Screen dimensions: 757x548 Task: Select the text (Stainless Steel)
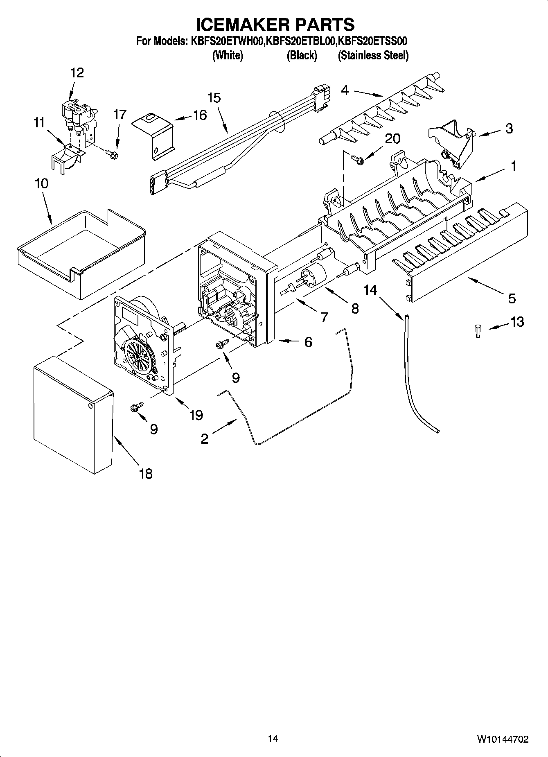point(373,56)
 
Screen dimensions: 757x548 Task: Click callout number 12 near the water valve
point(77,73)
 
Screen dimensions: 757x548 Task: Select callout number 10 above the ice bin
point(42,183)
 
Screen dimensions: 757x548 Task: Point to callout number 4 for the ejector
point(345,90)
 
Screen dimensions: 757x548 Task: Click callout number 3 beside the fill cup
point(509,129)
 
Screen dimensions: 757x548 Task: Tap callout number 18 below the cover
point(146,474)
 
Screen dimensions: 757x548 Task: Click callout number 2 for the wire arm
point(205,439)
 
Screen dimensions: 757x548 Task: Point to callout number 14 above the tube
point(371,290)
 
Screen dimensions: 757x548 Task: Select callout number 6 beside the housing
point(308,341)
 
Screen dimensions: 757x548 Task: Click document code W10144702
point(503,739)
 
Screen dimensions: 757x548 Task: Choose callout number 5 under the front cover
point(512,298)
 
